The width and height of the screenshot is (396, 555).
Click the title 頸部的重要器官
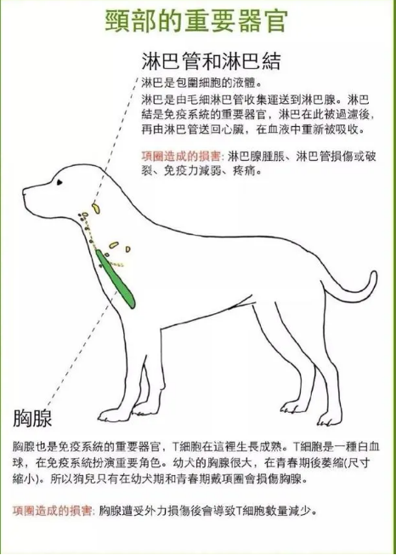pyautogui.click(x=198, y=22)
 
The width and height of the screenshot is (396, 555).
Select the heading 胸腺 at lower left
pyautogui.click(x=33, y=417)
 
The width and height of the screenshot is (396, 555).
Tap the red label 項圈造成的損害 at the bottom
pyautogui.click(x=54, y=512)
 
